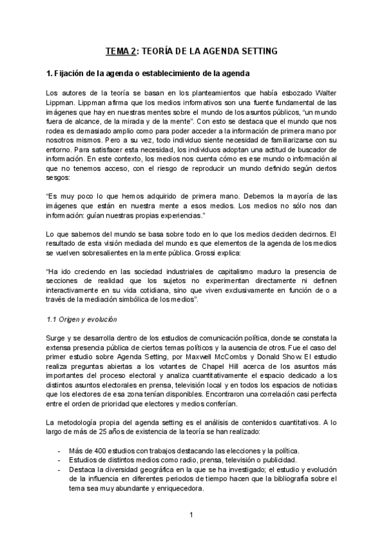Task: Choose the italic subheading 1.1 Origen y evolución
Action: click(81, 319)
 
